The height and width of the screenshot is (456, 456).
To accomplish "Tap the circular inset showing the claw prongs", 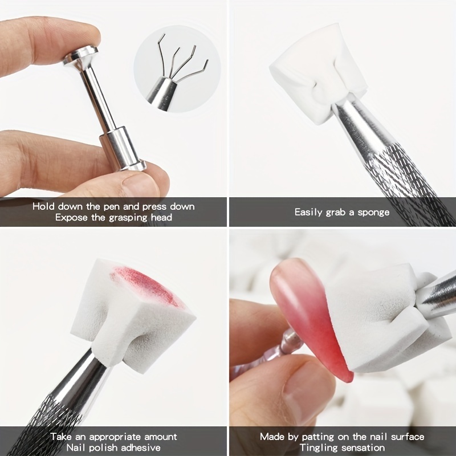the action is [177, 69].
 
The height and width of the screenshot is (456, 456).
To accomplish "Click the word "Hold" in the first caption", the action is [44, 206].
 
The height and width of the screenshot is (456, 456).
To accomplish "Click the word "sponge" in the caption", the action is [373, 213].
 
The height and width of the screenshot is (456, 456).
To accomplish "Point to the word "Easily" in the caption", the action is [309, 212].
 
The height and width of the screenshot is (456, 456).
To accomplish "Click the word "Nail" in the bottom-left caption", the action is [76, 447].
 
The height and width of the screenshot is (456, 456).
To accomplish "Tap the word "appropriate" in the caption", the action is [115, 437].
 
